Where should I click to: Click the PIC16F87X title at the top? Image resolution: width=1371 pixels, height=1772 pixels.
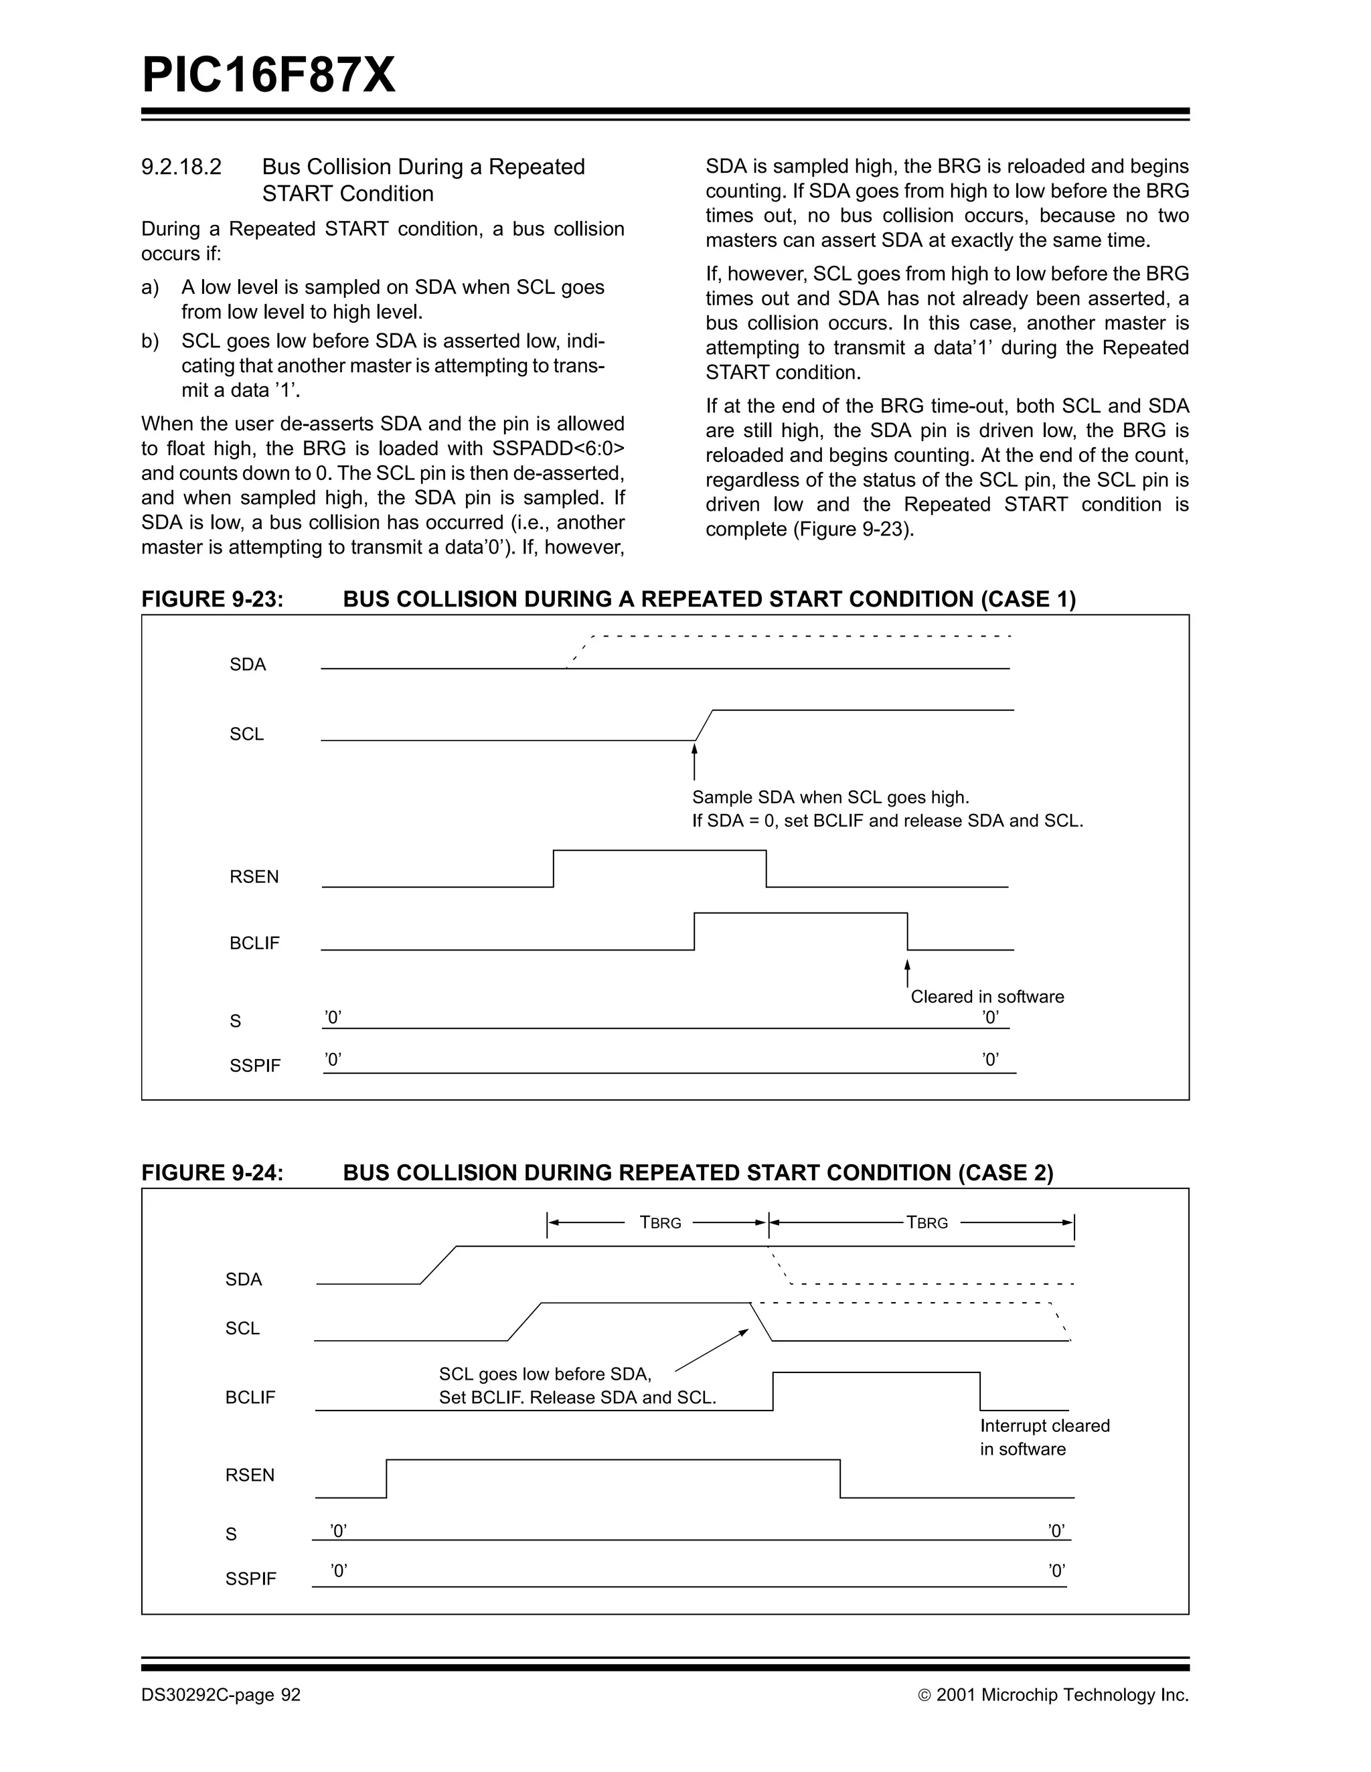pyautogui.click(x=268, y=76)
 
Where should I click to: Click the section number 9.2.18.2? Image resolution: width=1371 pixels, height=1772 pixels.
pyautogui.click(x=181, y=167)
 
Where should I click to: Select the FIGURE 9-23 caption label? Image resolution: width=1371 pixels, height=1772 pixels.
pyautogui.click(x=213, y=600)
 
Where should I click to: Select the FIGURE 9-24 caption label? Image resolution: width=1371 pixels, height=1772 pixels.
pyautogui.click(x=213, y=1174)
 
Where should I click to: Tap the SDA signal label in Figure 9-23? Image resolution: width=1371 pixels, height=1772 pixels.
pyautogui.click(x=248, y=665)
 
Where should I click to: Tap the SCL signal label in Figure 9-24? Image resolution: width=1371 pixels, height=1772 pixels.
pyautogui.click(x=242, y=1328)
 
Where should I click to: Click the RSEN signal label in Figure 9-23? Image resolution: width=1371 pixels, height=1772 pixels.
pyautogui.click(x=254, y=877)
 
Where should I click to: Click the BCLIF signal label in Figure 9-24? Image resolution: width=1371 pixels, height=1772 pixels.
pyautogui.click(x=250, y=1397)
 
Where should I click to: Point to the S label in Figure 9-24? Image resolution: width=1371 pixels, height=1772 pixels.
pyautogui.click(x=231, y=1534)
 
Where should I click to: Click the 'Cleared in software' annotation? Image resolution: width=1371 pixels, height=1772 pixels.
pyautogui.click(x=987, y=997)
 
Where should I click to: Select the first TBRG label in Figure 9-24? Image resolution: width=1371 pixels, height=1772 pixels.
pyautogui.click(x=660, y=1222)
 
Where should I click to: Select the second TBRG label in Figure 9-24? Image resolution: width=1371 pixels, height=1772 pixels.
pyautogui.click(x=926, y=1222)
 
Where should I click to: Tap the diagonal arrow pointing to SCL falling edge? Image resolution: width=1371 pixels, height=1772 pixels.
pyautogui.click(x=712, y=1350)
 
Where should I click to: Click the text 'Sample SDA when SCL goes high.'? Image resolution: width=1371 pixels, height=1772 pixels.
pyautogui.click(x=830, y=797)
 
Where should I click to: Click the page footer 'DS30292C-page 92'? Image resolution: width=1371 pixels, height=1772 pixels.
pyautogui.click(x=221, y=1695)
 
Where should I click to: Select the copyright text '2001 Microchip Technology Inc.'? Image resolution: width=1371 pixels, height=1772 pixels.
pyautogui.click(x=1061, y=1695)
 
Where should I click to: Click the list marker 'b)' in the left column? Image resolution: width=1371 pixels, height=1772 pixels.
pyautogui.click(x=150, y=341)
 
